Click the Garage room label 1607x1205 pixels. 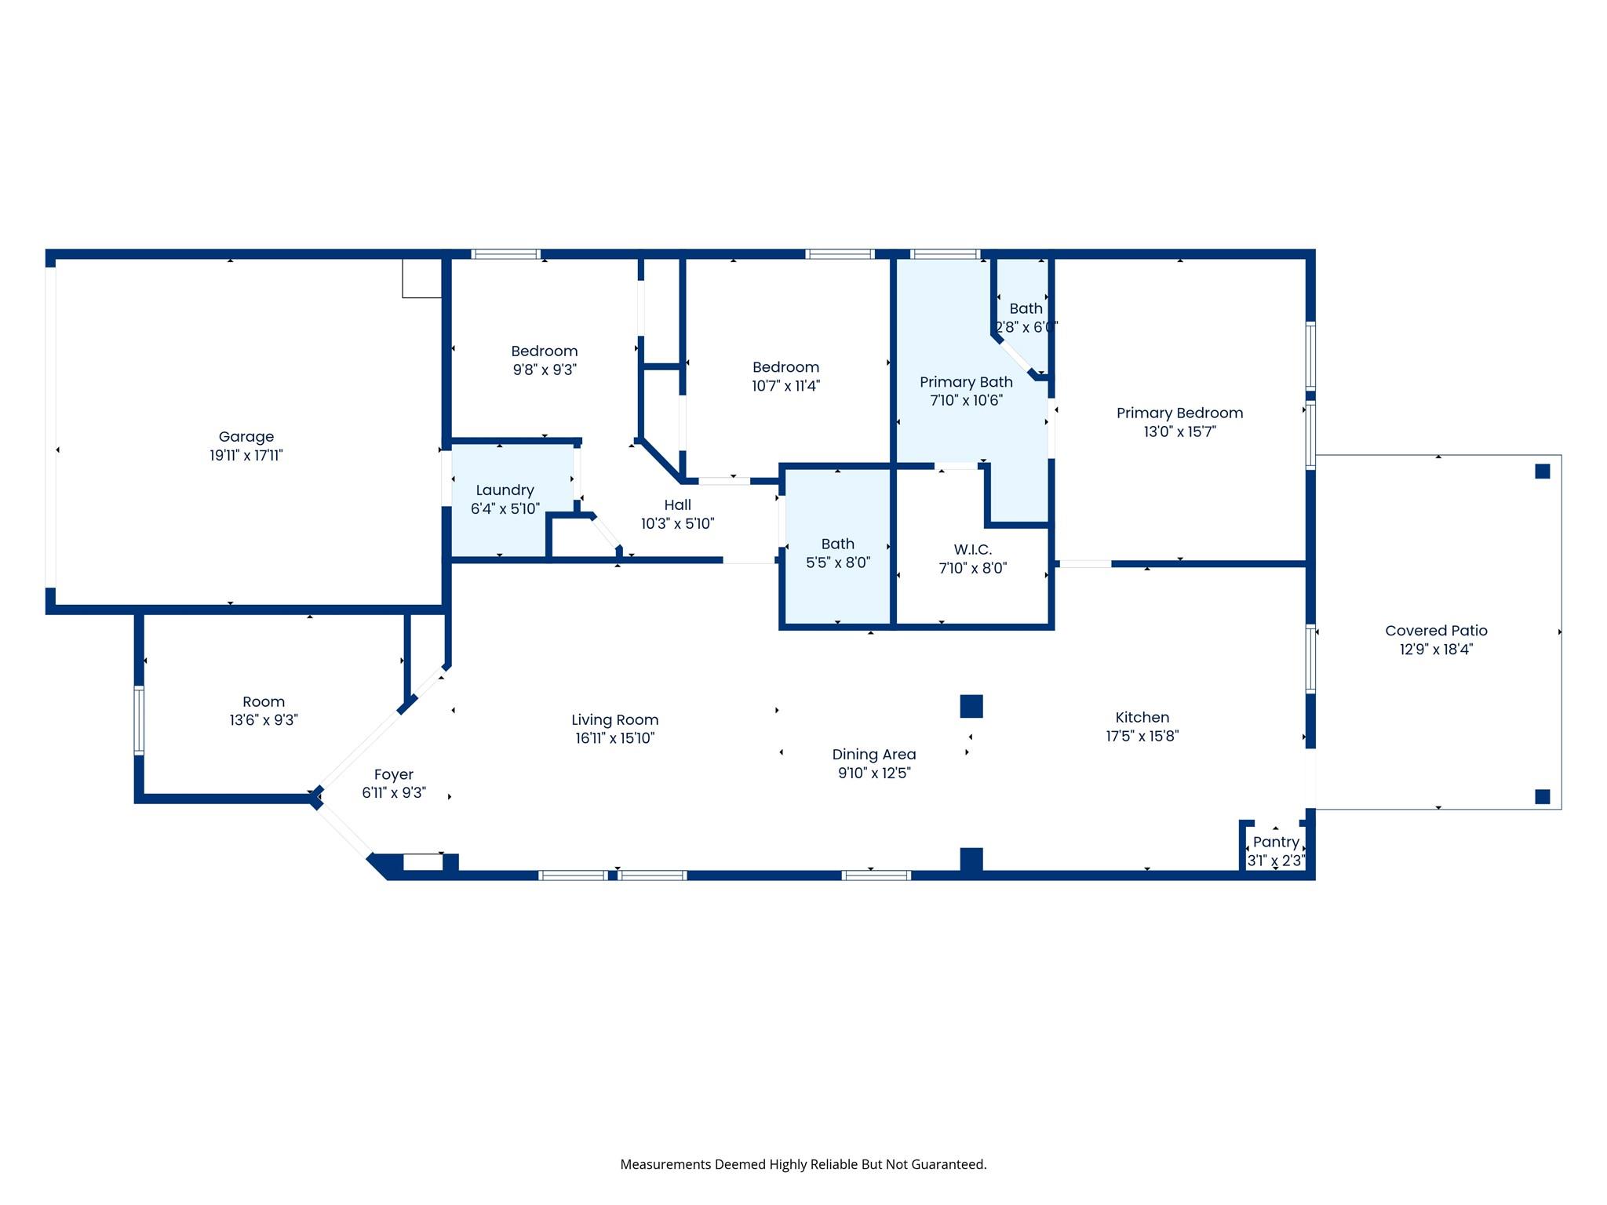(246, 437)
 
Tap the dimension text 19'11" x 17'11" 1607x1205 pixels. (246, 456)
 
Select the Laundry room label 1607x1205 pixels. (505, 490)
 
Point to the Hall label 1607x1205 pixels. (677, 505)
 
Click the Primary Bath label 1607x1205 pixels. (966, 382)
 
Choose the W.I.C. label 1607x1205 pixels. (972, 550)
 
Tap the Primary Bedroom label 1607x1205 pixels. (1179, 413)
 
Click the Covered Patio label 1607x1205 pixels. (1436, 631)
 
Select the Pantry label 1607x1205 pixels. (1276, 842)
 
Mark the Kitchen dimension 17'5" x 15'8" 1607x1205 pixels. (1142, 736)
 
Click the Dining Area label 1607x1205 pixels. (873, 755)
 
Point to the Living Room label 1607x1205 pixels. (614, 720)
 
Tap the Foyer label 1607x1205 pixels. (393, 774)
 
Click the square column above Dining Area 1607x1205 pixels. (971, 706)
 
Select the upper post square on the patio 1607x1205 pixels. (1542, 471)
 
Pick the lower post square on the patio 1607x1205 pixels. (1542, 797)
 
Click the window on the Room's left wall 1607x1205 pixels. (139, 720)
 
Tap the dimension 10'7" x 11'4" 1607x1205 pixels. (785, 386)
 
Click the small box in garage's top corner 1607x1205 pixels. (422, 278)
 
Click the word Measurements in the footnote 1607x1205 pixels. (664, 1164)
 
